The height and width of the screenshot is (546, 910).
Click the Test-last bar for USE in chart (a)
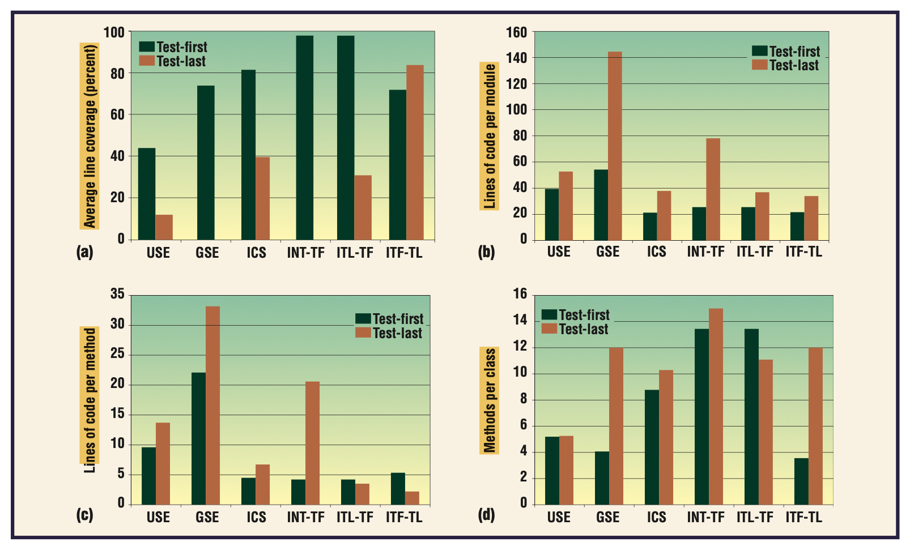coord(164,227)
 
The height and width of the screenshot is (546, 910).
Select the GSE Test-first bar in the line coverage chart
coord(206,163)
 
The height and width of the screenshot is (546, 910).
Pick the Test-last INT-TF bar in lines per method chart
coord(312,443)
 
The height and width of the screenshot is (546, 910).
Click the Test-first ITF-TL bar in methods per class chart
coord(801,481)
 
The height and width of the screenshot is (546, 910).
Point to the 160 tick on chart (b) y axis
coord(516,33)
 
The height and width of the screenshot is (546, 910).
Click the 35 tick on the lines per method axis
coord(117,294)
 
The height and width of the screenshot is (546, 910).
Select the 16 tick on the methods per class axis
coord(520,294)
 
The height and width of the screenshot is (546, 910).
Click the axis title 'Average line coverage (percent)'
coord(90,136)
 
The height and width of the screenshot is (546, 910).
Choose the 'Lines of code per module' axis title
coord(490,136)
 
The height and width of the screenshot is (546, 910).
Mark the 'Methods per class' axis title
coord(490,400)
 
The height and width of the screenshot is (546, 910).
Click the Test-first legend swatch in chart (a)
coord(147,47)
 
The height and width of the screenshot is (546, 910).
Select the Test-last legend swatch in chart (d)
coord(549,329)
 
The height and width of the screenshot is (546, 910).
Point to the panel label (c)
coord(84,515)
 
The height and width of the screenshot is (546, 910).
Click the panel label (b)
coord(486,251)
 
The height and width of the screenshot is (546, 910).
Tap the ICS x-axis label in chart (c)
coord(256,517)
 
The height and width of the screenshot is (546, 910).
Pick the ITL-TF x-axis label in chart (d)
coord(754,517)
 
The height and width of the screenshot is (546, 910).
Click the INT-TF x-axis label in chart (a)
coord(305,253)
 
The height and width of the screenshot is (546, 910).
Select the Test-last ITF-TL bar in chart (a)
coord(415,152)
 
